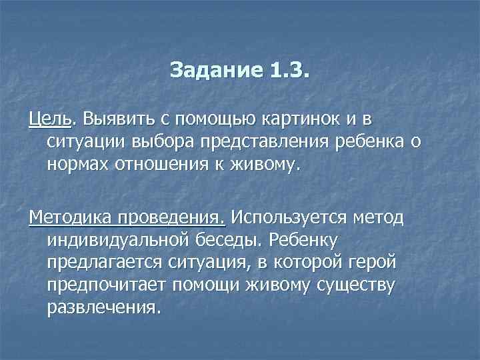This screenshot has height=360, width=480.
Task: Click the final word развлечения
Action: click(x=105, y=307)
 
